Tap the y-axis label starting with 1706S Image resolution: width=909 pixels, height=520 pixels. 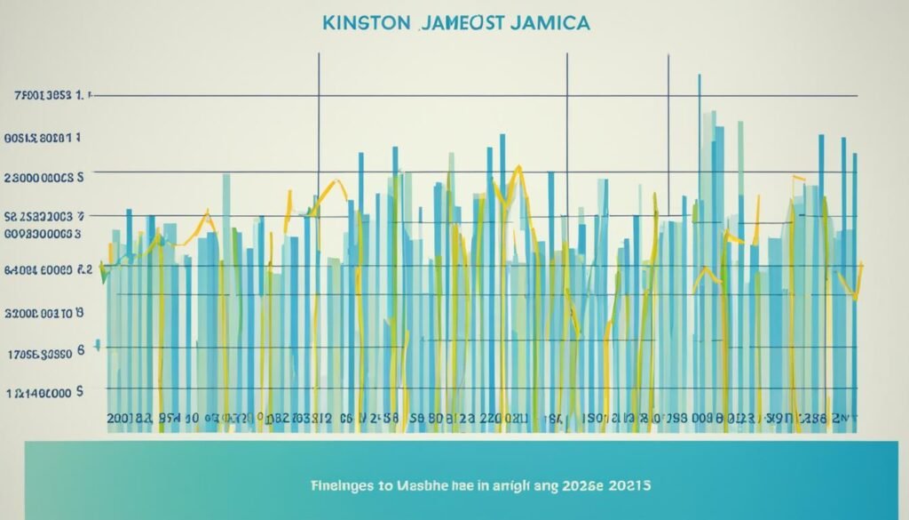click(x=44, y=353)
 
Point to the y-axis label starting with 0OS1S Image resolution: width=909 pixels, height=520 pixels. click(x=43, y=138)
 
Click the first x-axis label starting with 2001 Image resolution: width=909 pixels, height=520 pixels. click(x=129, y=417)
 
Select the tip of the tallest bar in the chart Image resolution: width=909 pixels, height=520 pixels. click(x=700, y=76)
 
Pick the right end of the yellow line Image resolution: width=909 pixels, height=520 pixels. click(x=862, y=264)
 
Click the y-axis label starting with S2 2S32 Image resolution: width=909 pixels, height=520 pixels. click(x=44, y=216)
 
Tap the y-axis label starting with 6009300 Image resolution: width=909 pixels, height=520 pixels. click(x=43, y=233)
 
